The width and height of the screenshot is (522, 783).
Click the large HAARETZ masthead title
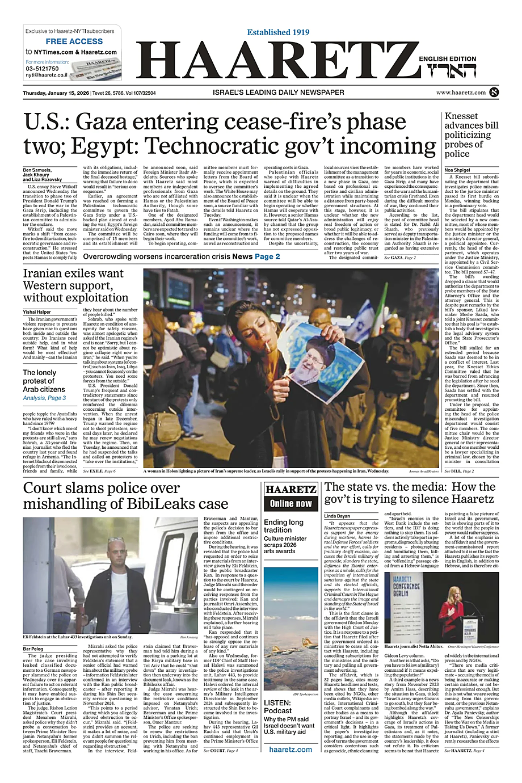point(275,63)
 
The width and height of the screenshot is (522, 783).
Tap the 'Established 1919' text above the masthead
point(278,32)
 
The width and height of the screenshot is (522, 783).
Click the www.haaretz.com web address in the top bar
point(461,92)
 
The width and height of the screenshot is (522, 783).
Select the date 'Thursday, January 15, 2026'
point(56,92)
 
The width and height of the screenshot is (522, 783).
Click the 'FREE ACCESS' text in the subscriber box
point(74,41)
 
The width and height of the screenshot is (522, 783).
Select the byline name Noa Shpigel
point(457,170)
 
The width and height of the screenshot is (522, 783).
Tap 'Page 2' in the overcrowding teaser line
point(267,256)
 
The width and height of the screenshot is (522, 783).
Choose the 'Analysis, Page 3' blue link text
point(44,398)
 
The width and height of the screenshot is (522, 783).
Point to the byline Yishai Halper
point(37,312)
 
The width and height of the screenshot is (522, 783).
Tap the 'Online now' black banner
point(291,503)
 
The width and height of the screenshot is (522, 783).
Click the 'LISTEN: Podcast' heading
point(277,706)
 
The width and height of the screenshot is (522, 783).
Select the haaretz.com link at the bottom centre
point(291,749)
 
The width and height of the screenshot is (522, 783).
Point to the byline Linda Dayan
point(337,516)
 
